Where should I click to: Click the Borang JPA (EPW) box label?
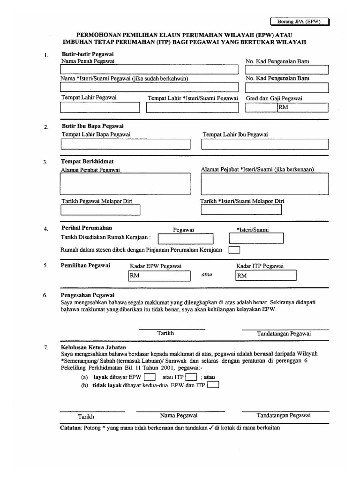click(300, 22)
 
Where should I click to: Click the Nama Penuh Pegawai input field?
click(149, 70)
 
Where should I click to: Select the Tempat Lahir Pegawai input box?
click(99, 107)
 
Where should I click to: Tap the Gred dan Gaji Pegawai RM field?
click(303, 108)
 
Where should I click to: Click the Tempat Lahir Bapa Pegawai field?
click(125, 144)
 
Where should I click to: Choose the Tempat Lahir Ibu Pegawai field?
click(265, 144)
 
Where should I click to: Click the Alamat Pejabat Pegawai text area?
click(125, 184)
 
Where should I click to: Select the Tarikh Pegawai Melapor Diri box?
click(100, 210)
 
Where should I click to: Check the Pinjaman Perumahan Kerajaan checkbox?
click(234, 250)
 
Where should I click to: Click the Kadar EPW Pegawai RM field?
click(159, 276)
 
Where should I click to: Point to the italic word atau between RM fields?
click(207, 275)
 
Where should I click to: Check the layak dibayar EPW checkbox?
click(150, 376)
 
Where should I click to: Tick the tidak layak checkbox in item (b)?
click(213, 385)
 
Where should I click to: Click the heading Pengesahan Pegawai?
click(88, 295)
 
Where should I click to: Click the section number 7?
click(45, 347)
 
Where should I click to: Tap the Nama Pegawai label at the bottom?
click(179, 415)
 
